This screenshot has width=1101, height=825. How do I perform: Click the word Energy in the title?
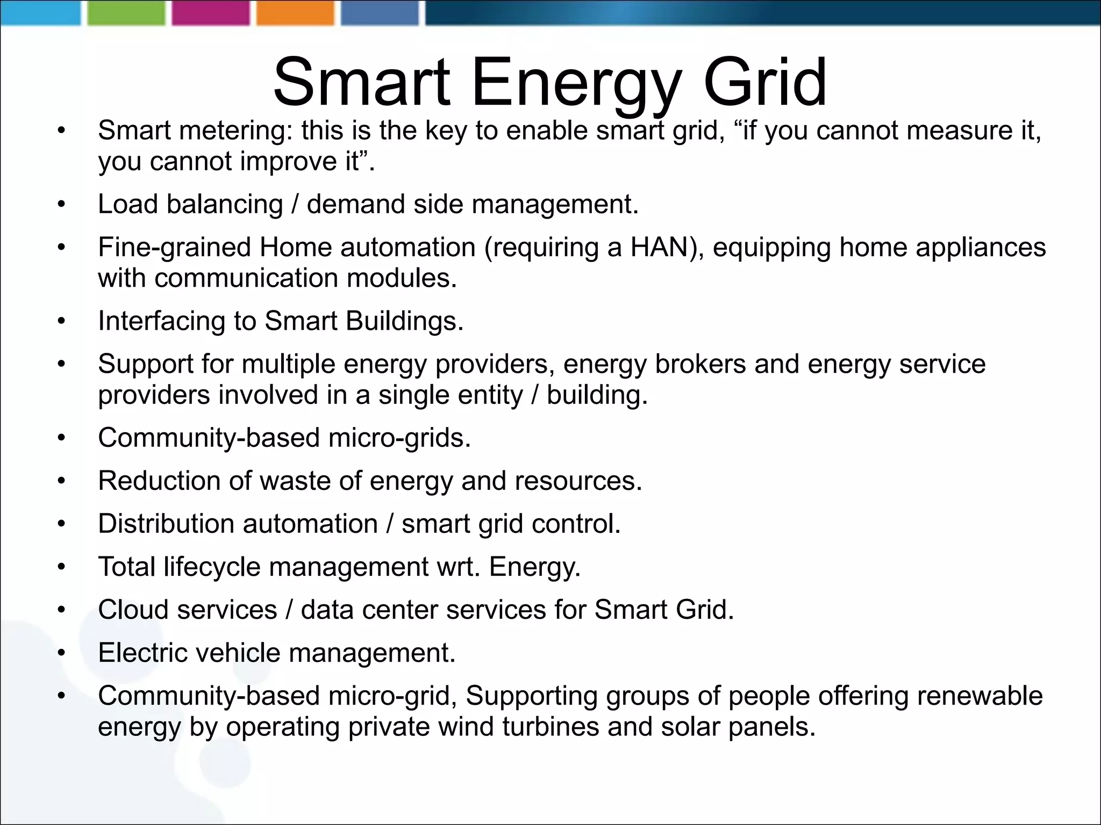click(576, 83)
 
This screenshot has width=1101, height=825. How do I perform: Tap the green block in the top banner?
click(126, 13)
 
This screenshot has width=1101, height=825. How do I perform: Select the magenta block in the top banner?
click(211, 13)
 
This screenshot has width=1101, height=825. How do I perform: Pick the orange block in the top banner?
click(295, 13)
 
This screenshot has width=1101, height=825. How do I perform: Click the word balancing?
click(224, 204)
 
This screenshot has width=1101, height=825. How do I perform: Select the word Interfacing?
click(161, 321)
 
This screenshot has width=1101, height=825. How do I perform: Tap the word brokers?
click(700, 364)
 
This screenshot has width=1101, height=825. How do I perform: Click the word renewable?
click(980, 696)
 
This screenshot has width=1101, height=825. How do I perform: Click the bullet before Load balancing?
click(62, 205)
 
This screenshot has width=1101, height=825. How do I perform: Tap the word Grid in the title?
click(764, 83)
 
